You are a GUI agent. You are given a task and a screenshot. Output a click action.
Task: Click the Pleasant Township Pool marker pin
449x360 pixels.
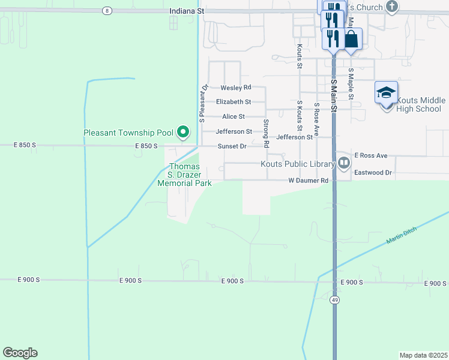[184, 132]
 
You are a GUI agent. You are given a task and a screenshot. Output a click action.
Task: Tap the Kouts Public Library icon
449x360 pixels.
[343, 163]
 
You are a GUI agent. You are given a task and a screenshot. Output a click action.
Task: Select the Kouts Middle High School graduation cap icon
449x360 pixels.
[386, 93]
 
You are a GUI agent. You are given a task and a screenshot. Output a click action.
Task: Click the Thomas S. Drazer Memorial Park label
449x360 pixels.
[184, 175]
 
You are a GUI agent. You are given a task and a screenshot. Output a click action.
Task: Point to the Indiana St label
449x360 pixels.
[187, 11]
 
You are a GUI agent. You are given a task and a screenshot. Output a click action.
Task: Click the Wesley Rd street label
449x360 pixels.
[236, 88]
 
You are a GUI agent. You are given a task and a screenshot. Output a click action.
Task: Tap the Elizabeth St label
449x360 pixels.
[234, 102]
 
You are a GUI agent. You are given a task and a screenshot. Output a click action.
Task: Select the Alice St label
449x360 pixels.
[234, 116]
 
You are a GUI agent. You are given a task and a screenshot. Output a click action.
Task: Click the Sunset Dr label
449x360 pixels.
[232, 146]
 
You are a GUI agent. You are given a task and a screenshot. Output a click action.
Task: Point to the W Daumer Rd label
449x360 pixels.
[309, 181]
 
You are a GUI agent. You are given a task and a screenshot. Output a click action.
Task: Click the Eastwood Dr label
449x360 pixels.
[373, 173]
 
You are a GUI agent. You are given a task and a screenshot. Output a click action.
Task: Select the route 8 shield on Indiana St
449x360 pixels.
[107, 11]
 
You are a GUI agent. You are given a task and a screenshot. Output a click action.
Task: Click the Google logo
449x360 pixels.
[20, 353]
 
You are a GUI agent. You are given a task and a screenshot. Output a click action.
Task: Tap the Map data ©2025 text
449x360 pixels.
[423, 355]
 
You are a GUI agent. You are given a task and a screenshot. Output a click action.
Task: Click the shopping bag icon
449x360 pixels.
[352, 40]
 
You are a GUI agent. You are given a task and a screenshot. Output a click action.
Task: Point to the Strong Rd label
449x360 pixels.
[266, 133]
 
